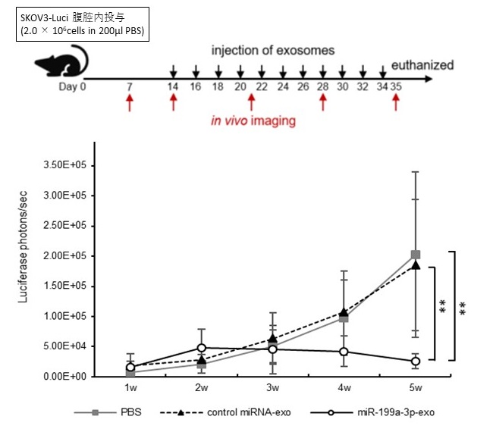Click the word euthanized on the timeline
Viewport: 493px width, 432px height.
422,65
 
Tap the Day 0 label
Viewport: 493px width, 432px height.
72,86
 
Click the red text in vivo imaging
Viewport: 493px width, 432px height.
253,121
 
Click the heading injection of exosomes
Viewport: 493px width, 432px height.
273,51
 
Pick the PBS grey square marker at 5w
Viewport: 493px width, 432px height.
415,255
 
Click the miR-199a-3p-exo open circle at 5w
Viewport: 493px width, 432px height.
415,362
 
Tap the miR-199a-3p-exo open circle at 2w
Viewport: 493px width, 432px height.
203,348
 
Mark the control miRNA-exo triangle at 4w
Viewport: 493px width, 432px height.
344,312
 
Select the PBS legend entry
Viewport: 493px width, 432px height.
114,413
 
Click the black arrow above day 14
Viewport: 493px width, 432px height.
174,73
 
